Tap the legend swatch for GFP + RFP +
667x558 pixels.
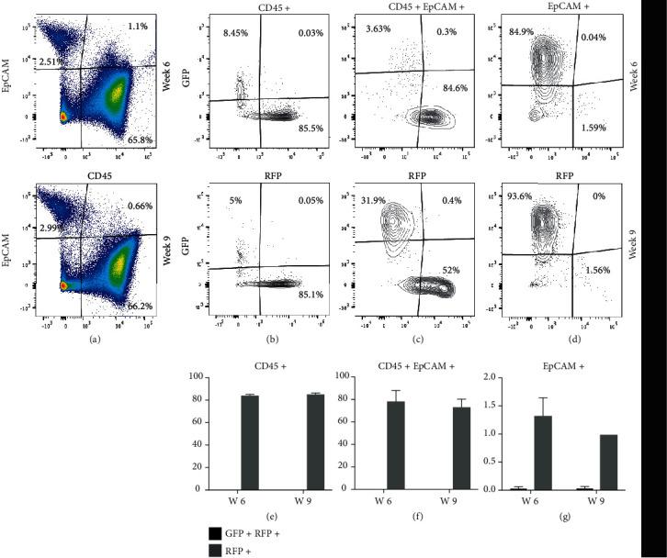[x=213, y=531]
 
